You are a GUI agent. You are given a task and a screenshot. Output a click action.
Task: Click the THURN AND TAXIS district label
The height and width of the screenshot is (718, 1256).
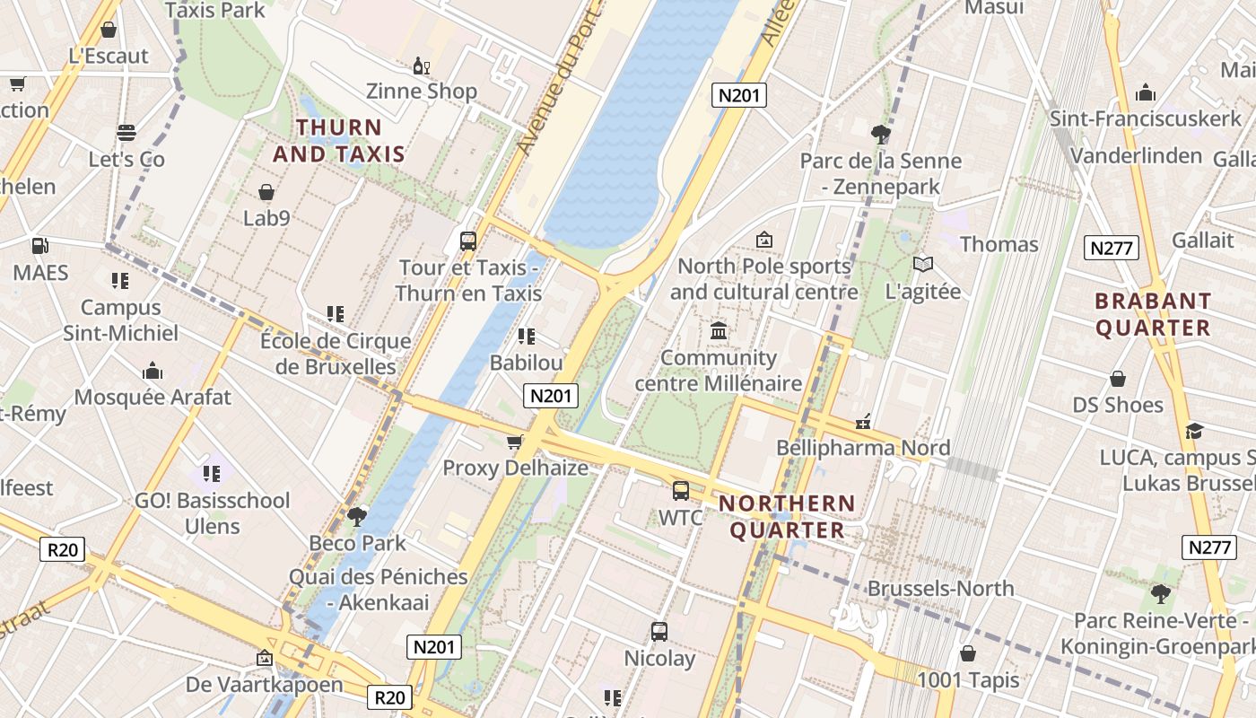click(339, 141)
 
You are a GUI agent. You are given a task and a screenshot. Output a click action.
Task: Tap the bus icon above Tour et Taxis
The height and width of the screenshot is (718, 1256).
click(467, 241)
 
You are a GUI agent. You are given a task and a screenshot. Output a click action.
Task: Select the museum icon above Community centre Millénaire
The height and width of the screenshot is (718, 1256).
click(718, 331)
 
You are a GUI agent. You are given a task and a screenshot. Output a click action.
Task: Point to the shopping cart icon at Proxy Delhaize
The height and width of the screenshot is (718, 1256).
click(515, 442)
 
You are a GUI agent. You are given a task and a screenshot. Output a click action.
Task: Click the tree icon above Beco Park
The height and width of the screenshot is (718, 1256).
click(357, 516)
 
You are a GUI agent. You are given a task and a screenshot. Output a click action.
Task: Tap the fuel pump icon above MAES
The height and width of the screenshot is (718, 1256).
click(39, 245)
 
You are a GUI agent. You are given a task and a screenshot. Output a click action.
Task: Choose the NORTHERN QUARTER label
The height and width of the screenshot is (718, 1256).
click(787, 516)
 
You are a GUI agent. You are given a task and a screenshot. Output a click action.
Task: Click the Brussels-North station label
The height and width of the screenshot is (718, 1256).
click(940, 589)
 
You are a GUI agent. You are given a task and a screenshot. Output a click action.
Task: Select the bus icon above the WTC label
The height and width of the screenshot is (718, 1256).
click(681, 491)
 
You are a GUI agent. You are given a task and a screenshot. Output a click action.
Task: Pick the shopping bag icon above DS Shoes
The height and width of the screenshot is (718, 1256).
click(1118, 378)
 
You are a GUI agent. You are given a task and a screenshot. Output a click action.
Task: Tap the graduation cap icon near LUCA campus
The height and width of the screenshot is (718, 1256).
click(1193, 432)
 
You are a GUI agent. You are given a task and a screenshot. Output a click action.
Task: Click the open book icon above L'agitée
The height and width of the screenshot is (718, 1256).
click(922, 264)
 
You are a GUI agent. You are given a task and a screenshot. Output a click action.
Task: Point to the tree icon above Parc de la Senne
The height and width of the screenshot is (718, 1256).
click(881, 135)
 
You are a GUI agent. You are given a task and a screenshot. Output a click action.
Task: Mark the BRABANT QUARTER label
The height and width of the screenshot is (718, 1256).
click(1153, 314)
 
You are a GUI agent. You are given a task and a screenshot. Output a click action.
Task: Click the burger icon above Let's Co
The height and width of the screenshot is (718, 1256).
click(126, 133)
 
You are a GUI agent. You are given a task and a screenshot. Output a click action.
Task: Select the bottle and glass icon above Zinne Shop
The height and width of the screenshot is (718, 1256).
click(421, 66)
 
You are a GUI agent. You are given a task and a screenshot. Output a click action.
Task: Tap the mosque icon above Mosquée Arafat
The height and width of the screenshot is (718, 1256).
click(153, 371)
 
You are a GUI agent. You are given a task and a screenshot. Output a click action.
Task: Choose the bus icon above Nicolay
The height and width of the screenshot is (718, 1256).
click(659, 631)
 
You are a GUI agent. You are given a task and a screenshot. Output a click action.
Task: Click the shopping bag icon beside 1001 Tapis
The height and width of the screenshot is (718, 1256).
click(967, 653)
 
